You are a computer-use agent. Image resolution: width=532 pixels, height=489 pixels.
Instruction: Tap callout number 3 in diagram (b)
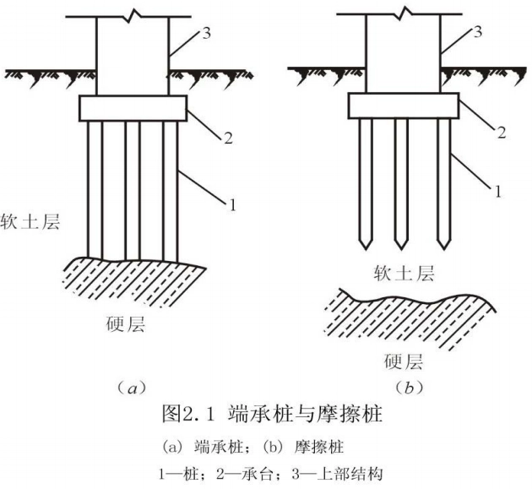[x=480, y=33]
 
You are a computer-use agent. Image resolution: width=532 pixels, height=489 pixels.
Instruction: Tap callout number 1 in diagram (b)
[x=498, y=193]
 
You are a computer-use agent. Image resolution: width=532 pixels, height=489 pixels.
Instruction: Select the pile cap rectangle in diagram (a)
[x=133, y=107]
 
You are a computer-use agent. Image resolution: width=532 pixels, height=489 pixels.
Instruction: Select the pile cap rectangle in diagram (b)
[x=404, y=106]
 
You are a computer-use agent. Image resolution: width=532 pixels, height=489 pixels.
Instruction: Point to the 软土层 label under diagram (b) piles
[x=404, y=273]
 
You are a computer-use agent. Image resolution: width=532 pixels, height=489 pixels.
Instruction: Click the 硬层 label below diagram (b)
[x=404, y=362]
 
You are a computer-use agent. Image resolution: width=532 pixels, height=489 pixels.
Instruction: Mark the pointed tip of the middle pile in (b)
[x=402, y=246]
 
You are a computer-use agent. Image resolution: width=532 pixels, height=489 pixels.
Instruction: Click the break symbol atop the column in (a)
[x=133, y=16]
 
